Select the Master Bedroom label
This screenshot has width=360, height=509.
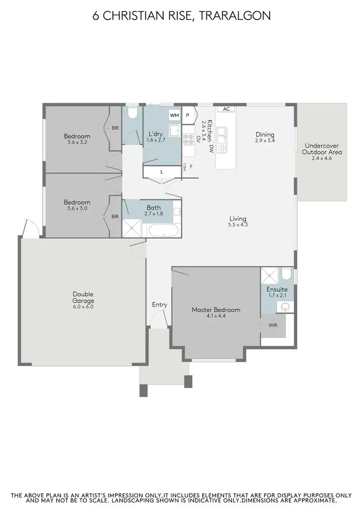pyautogui.click(x=216, y=310)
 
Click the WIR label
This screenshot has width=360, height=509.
pyautogui.click(x=273, y=325)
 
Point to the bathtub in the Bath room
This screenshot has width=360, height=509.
pyautogui.click(x=163, y=231)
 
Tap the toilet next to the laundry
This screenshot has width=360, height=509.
pyautogui.click(x=132, y=113)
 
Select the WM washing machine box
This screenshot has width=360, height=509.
pyautogui.click(x=174, y=116)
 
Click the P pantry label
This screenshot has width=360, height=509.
pyautogui.click(x=189, y=116)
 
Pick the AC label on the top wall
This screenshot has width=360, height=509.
pyautogui.click(x=227, y=109)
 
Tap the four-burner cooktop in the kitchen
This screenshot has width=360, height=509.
pyautogui.click(x=188, y=139)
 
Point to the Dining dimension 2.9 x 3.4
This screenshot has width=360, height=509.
pyautogui.click(x=265, y=141)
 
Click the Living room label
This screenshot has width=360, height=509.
pyautogui.click(x=238, y=219)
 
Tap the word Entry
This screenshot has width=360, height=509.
pyautogui.click(x=159, y=305)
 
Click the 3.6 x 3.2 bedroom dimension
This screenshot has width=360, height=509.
pyautogui.click(x=77, y=142)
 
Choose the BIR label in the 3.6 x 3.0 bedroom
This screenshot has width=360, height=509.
pyautogui.click(x=115, y=216)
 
